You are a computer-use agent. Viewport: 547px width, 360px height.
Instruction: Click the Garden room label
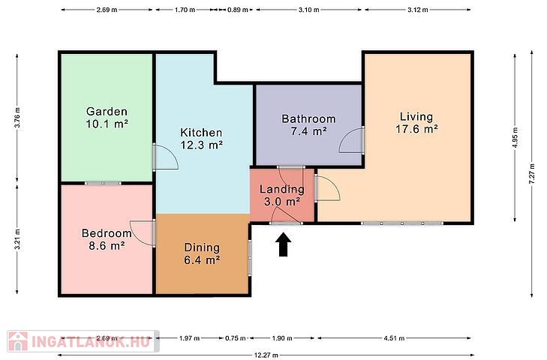point(107,112)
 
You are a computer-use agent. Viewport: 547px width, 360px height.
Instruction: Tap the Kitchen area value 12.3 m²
point(202,145)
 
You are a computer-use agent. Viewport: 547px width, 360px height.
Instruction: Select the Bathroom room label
point(308,119)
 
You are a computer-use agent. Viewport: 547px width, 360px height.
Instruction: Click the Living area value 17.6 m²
point(417,129)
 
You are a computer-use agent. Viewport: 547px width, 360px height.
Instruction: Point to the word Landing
point(282,190)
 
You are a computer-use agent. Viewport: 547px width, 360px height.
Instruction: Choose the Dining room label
point(202,247)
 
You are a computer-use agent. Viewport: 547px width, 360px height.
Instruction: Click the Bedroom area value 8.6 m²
point(107,246)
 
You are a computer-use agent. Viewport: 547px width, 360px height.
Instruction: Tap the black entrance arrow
point(284,244)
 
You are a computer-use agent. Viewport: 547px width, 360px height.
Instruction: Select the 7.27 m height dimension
point(532,174)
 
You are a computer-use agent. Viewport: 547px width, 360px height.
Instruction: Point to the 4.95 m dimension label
point(515,138)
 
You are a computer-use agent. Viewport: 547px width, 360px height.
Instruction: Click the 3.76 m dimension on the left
point(17,118)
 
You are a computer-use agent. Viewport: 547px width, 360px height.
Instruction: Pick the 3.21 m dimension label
point(17,239)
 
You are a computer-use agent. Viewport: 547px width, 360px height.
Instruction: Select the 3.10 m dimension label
point(308,10)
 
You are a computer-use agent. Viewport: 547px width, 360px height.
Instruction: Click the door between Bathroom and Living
point(363,140)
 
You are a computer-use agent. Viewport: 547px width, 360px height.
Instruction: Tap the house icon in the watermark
point(18,341)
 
